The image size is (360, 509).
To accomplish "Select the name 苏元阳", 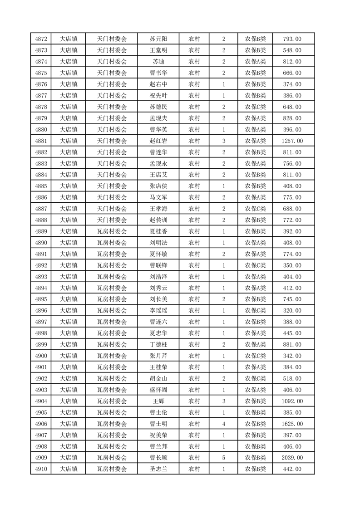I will coord(158,39).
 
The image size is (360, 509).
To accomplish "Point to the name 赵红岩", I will coord(158,141).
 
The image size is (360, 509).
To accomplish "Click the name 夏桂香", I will coord(158,231).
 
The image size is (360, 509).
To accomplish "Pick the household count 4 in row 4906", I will coord(224,424).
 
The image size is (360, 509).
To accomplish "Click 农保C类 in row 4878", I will coord(256,107).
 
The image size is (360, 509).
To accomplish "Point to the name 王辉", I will coord(158,401).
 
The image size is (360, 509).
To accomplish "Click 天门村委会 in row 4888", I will coord(112,220).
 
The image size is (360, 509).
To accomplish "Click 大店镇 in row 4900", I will coord(69,356).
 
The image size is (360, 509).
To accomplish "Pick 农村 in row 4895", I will coord(194,299).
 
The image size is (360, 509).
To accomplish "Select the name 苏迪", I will coord(158,62).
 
